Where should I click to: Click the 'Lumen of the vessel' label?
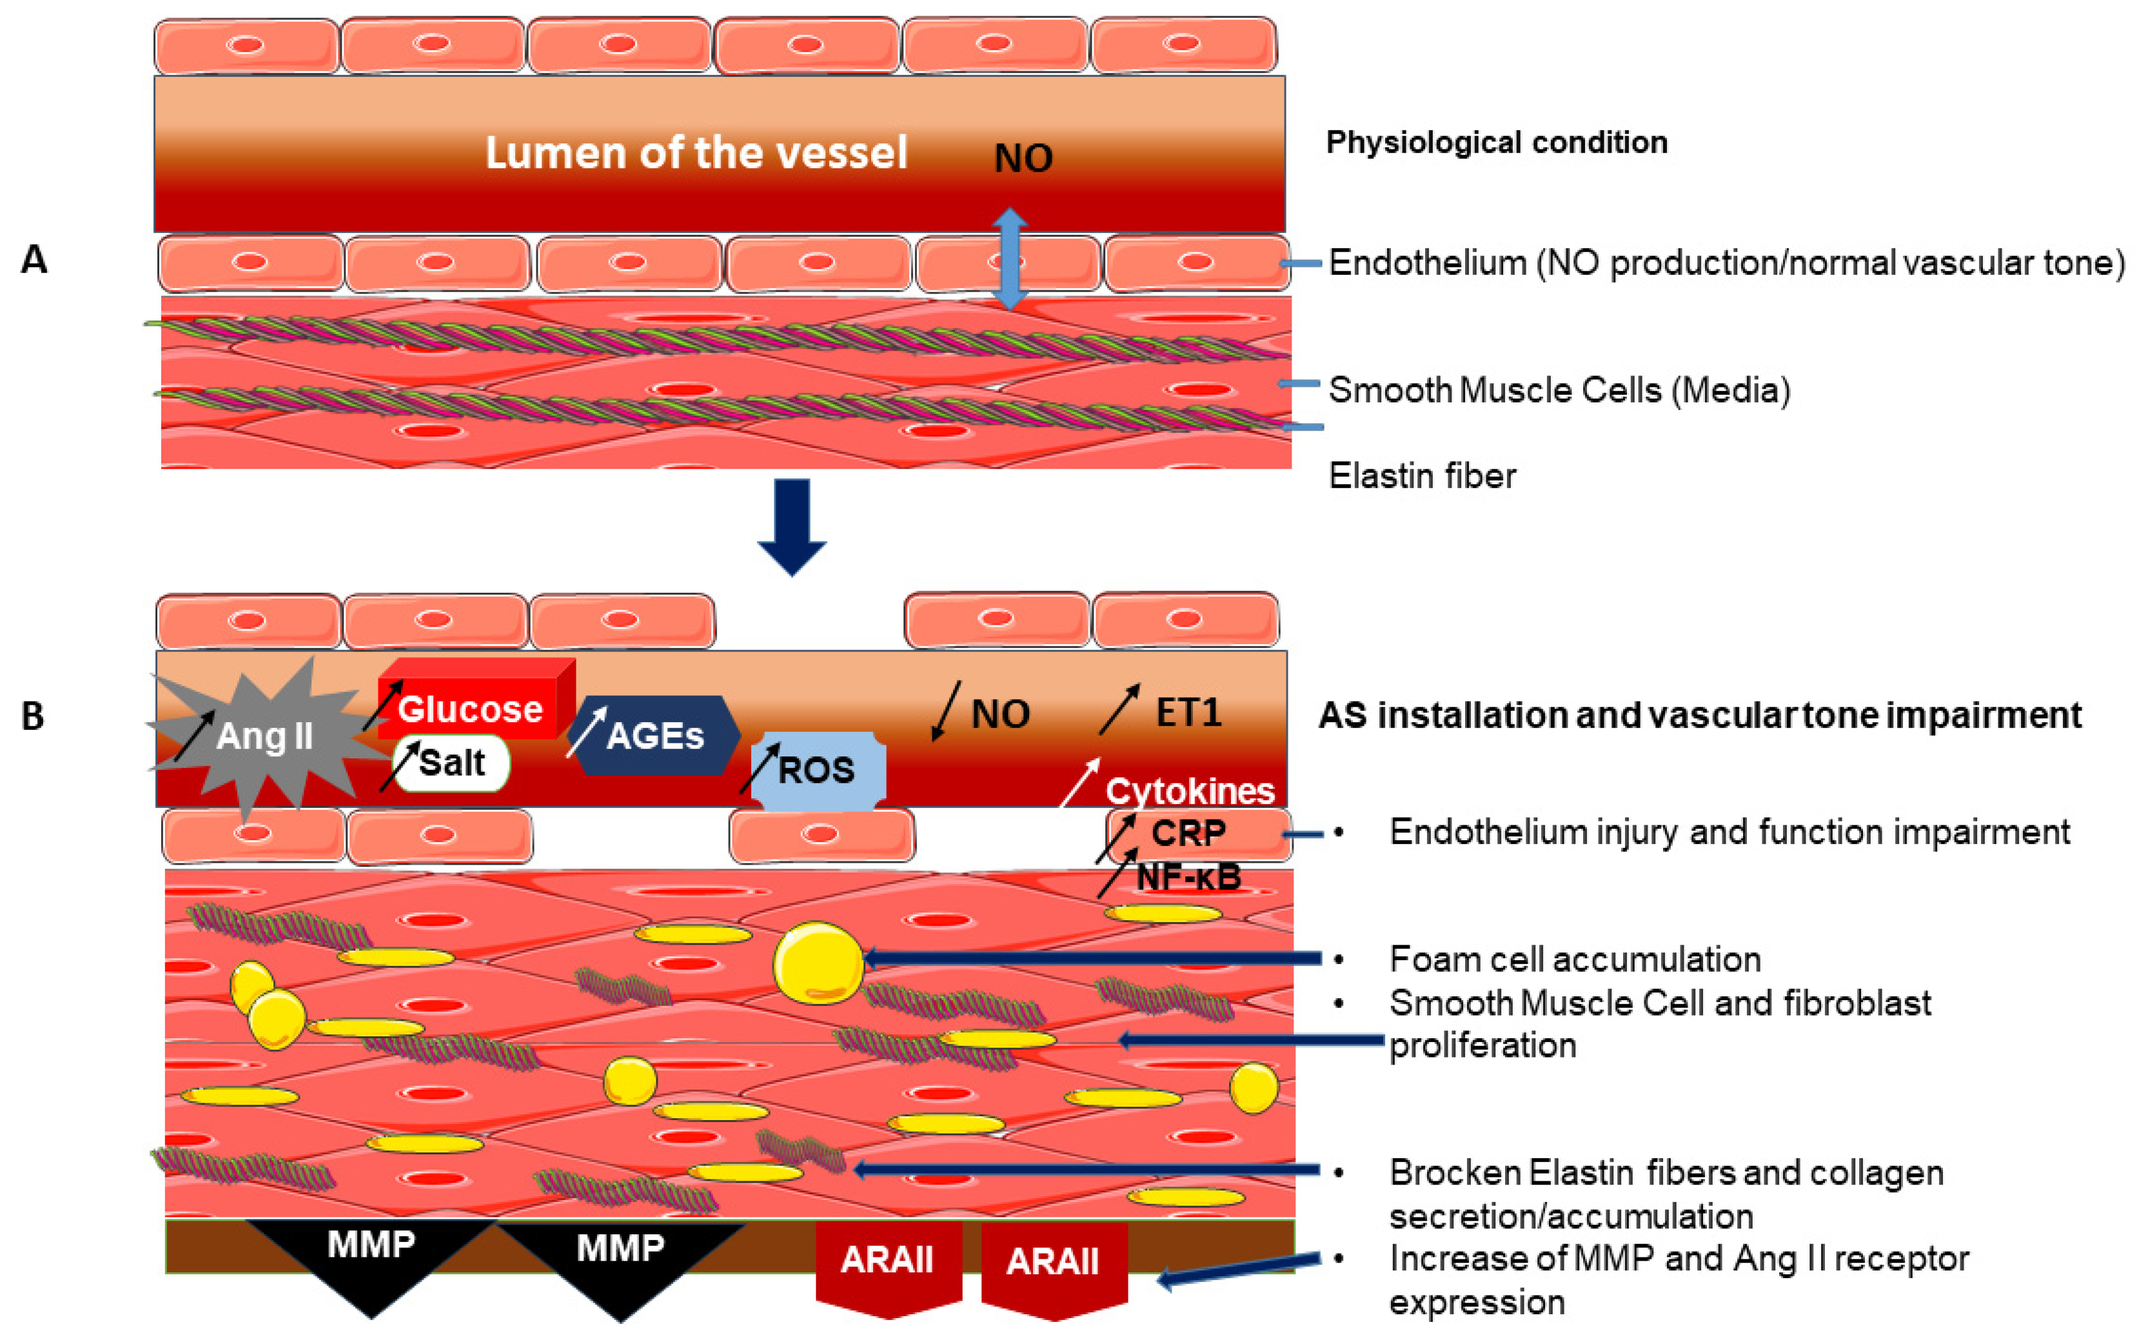coord(696,153)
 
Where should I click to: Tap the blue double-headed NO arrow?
coord(1009,259)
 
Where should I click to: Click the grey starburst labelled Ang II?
coord(264,735)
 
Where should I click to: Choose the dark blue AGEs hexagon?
coord(654,735)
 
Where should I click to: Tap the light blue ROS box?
coord(816,769)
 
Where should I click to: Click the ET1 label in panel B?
coord(1188,713)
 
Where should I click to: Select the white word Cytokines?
coord(1189,790)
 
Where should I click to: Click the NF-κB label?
coord(1188,877)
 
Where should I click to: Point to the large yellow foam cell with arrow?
coord(818,963)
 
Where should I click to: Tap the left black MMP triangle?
coord(371,1256)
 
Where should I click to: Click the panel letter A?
coord(34,259)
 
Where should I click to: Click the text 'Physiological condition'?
coord(1497,142)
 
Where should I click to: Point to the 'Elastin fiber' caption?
coord(1422,476)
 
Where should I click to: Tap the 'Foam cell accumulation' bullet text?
coord(1575,958)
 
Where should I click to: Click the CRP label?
coord(1188,833)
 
